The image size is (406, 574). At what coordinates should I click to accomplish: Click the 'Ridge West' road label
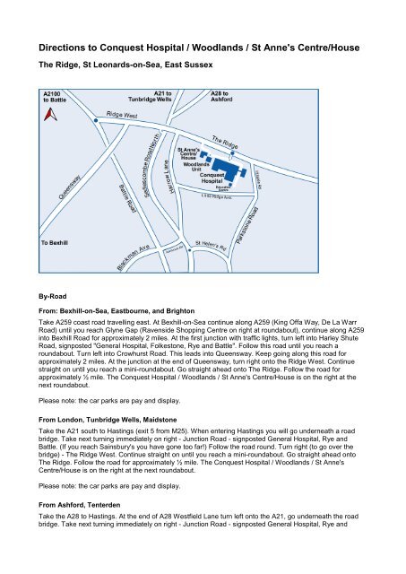(122, 116)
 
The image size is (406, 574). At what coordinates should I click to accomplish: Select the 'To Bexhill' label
(58, 243)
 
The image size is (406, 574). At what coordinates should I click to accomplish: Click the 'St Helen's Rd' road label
(214, 243)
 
